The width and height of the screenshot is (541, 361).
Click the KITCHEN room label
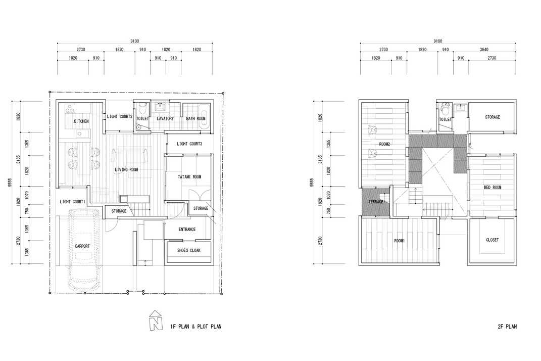(81, 121)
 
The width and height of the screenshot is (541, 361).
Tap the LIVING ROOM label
(126, 169)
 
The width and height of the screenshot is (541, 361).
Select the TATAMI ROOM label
(189, 176)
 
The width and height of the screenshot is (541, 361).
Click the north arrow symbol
(156, 320)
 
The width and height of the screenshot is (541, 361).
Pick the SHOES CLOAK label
(189, 250)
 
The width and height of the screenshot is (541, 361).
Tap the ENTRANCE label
(187, 229)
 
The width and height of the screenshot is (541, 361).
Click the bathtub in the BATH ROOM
(204, 119)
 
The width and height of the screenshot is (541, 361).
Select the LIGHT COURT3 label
(189, 144)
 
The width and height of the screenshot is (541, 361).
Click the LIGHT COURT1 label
(72, 201)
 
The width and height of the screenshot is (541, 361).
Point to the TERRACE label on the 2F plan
(376, 202)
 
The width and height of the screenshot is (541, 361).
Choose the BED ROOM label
(493, 187)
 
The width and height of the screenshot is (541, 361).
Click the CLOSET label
(493, 240)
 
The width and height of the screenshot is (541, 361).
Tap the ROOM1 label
(399, 241)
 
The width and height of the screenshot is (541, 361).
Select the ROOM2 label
(384, 144)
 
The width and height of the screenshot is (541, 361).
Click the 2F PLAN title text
(507, 326)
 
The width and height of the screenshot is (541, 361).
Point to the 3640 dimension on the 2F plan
(484, 50)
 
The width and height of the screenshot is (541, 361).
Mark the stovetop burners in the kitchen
(70, 108)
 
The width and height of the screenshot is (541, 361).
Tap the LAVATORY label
(165, 118)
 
